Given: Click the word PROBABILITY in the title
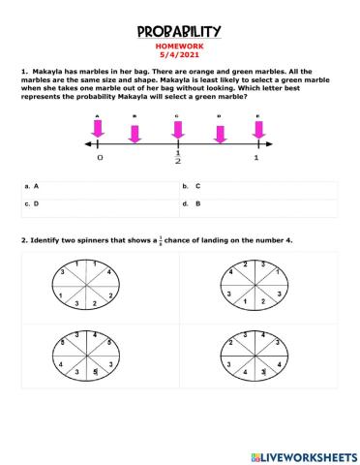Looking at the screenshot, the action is [x=179, y=32].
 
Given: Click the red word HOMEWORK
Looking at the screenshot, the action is [x=179, y=46].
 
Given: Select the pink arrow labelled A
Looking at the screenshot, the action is [x=98, y=130].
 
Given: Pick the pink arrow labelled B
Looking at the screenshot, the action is [x=136, y=130].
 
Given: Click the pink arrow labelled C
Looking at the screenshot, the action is [x=177, y=130].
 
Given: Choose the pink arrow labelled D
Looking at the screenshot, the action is [x=219, y=130].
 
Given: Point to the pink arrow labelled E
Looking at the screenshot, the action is [x=256, y=130].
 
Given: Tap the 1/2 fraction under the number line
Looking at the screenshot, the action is [x=177, y=159].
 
